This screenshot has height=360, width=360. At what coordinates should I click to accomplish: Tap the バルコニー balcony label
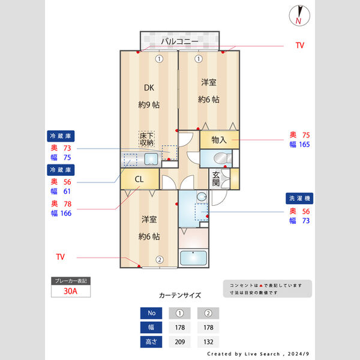pos(179,41)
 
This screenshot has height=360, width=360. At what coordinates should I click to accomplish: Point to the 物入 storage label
pos(219,140)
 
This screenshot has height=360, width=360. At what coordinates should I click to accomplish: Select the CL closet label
pos(139,179)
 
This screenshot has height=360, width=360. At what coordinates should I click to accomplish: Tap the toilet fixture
pos(221,158)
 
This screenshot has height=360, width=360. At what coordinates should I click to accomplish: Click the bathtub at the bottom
pos(193,258)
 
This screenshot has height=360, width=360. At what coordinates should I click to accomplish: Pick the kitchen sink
pos(150,159)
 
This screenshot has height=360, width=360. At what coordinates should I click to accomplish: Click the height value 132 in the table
pos(208,342)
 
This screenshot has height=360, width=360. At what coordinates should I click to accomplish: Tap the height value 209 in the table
pos(179,342)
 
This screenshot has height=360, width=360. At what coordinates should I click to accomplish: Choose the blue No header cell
pos(151,313)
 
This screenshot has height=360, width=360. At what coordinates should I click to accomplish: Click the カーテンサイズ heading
pos(179,296)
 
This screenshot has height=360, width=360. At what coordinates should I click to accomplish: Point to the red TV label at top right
pos(300,46)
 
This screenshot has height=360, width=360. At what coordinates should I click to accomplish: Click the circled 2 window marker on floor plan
pos(160,260)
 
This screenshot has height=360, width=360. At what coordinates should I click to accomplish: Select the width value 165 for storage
pos(302,145)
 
